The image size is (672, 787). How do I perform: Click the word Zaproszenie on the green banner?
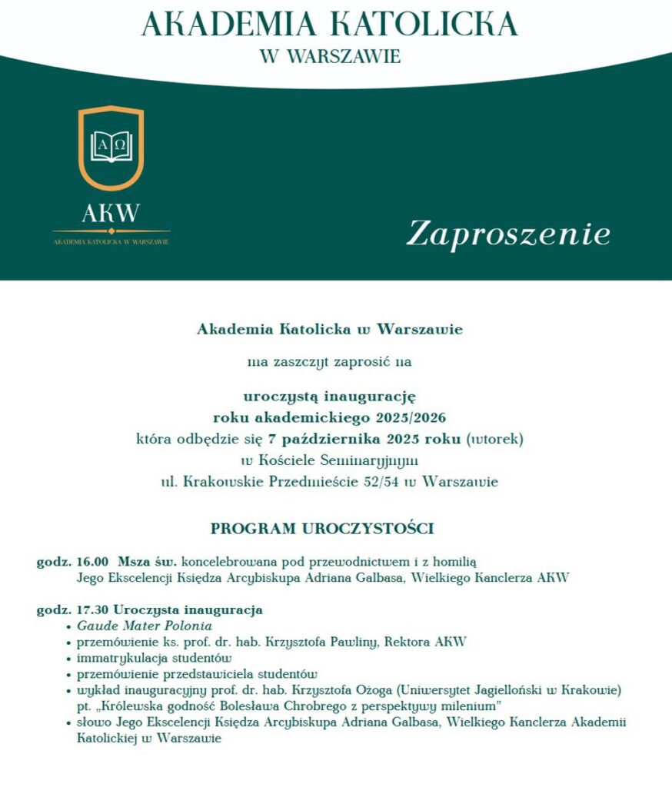(508, 234)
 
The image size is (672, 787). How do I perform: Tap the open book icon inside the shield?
(111, 147)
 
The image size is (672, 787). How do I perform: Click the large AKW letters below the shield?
(111, 213)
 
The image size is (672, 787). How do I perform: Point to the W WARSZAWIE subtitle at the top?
(331, 57)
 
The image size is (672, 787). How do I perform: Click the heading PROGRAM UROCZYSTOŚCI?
(323, 529)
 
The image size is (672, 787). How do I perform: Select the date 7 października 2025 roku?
(365, 440)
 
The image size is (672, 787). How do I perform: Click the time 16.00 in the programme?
(93, 563)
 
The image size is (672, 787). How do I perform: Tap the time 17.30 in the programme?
(93, 609)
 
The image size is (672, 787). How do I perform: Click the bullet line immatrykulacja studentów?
(154, 658)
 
